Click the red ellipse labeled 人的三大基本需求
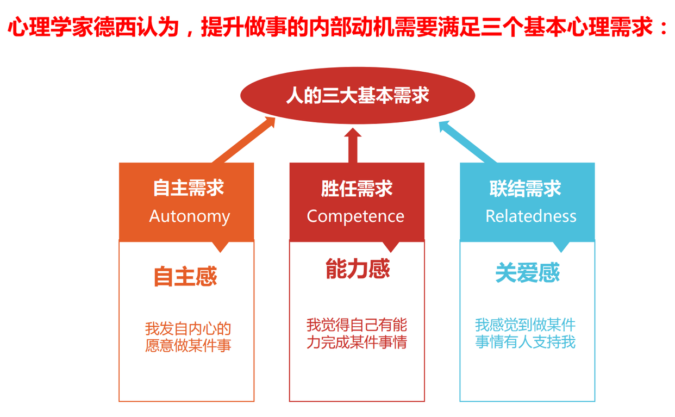pyautogui.click(x=358, y=95)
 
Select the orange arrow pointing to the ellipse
pyautogui.click(x=244, y=140)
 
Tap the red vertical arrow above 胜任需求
pyautogui.click(x=353, y=145)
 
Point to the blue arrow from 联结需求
pyautogui.click(x=468, y=142)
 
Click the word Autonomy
pyautogui.click(x=190, y=216)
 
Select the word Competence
pyautogui.click(x=355, y=216)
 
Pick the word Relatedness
pyautogui.click(x=530, y=216)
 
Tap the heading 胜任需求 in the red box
pyautogui.click(x=357, y=189)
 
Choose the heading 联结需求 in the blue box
pyautogui.click(x=525, y=189)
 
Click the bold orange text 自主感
pyautogui.click(x=185, y=276)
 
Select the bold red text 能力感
pyautogui.click(x=358, y=269)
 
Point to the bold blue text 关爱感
pyautogui.click(x=527, y=272)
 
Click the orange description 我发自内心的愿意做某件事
pyautogui.click(x=188, y=337)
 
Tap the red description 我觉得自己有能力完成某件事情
pyautogui.click(x=357, y=333)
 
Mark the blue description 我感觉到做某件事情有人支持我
pyautogui.click(x=525, y=333)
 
